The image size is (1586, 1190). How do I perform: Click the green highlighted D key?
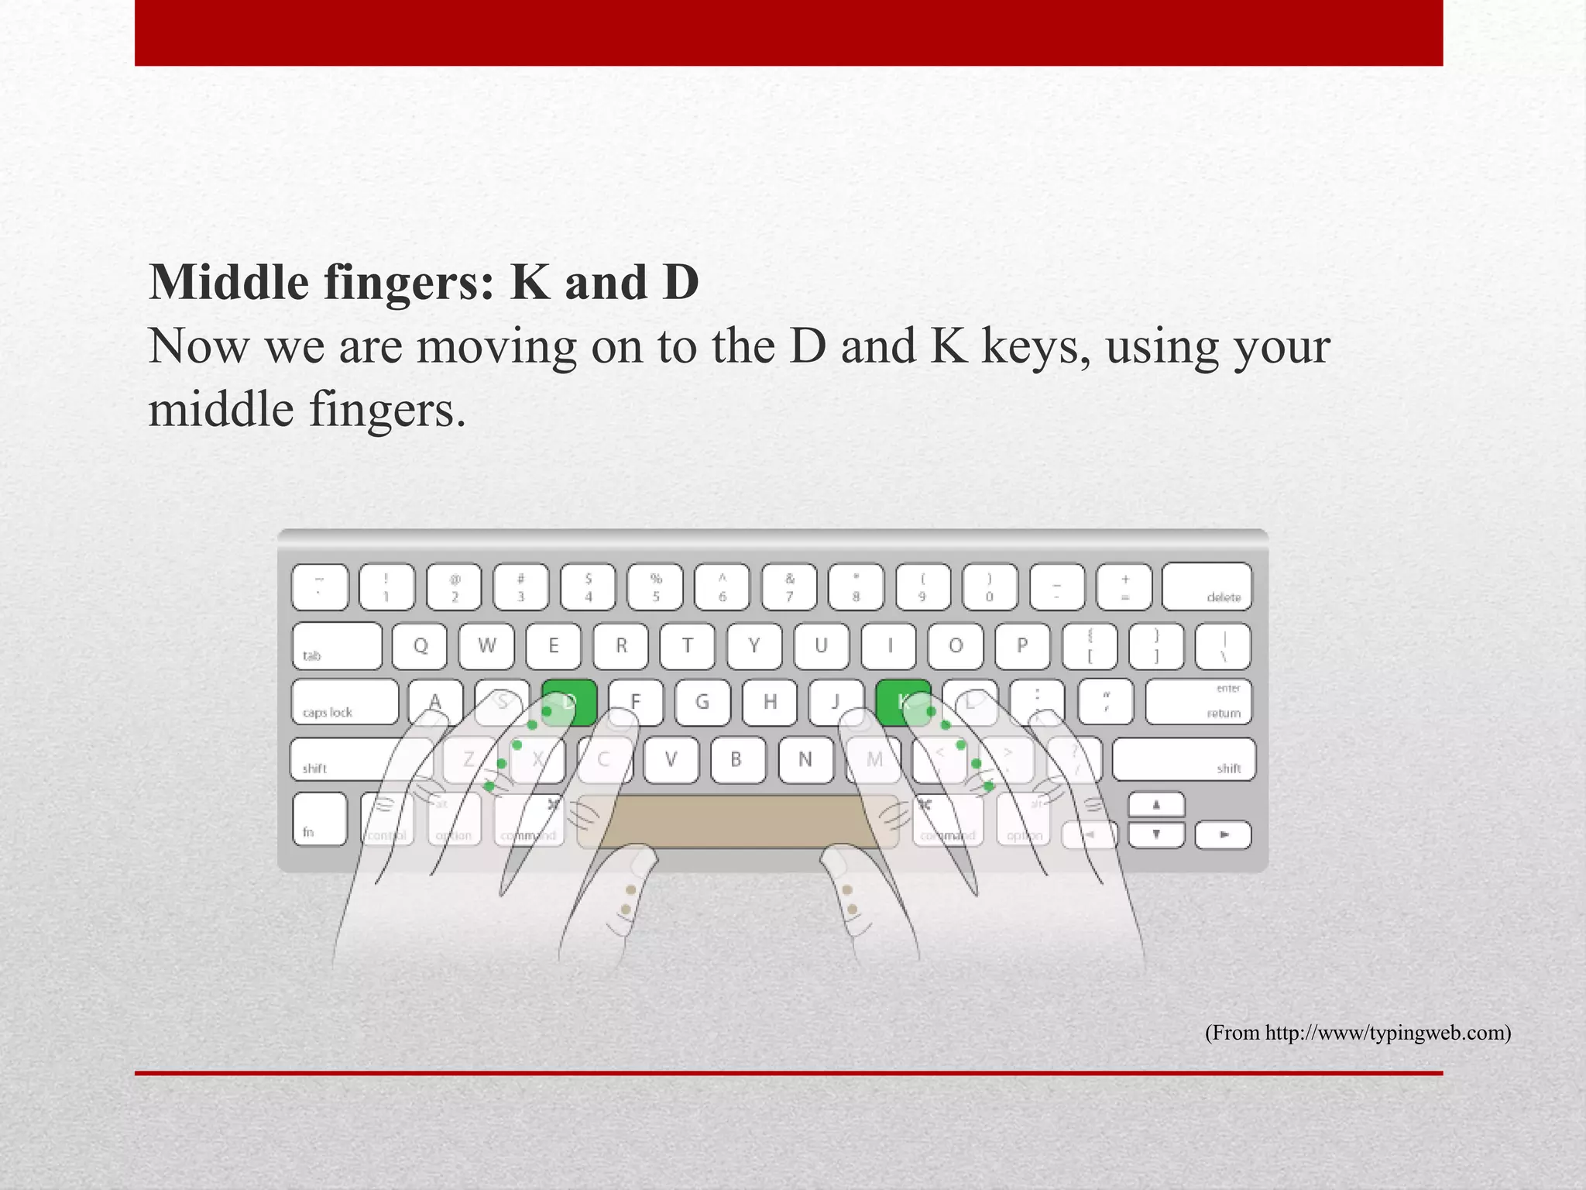click(569, 702)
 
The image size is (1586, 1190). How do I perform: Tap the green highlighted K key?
click(903, 702)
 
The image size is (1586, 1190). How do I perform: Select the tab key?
click(337, 646)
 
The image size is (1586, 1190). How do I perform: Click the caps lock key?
click(345, 702)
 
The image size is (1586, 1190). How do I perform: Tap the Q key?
click(420, 646)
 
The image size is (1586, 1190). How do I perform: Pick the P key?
click(1022, 646)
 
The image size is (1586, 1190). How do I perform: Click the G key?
click(702, 702)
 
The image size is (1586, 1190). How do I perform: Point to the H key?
click(770, 702)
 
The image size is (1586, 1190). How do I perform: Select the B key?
click(737, 759)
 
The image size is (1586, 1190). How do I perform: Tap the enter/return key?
click(1198, 702)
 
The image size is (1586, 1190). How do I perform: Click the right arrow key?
click(1223, 835)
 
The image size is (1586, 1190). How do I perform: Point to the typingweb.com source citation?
click(1358, 1033)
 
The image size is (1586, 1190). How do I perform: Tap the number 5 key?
click(656, 587)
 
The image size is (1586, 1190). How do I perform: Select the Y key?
click(754, 646)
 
